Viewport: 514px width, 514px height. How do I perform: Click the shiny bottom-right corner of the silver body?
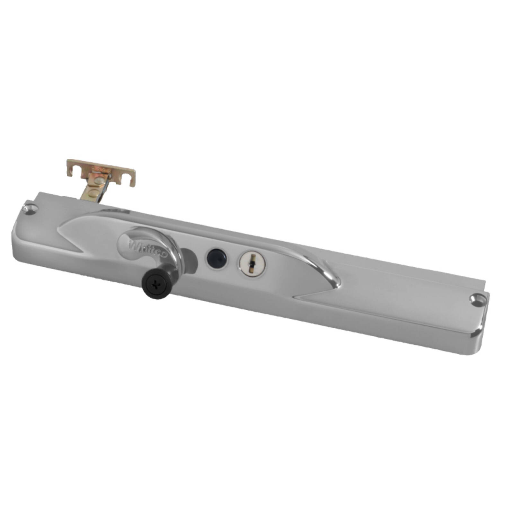point(479,335)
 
